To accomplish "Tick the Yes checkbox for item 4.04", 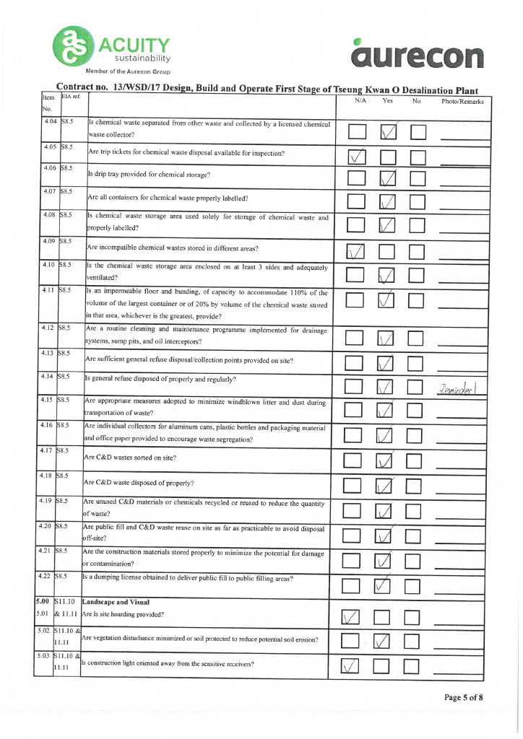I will (388, 131).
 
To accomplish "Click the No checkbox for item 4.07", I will (419, 203).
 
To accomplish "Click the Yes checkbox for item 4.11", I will (388, 299).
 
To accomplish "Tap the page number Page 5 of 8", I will (463, 697).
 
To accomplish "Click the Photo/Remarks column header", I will (462, 102).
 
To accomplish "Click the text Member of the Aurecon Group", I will (128, 71).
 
